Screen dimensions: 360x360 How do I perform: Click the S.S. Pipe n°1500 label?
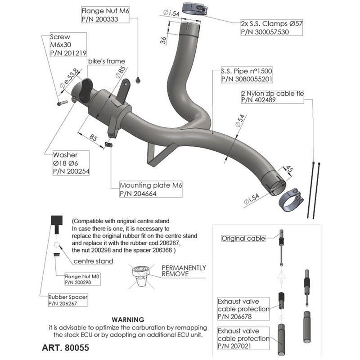247,75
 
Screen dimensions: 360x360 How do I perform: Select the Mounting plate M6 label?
151,189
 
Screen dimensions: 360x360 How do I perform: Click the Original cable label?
243,238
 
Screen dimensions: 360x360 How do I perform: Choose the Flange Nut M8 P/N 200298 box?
81,279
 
